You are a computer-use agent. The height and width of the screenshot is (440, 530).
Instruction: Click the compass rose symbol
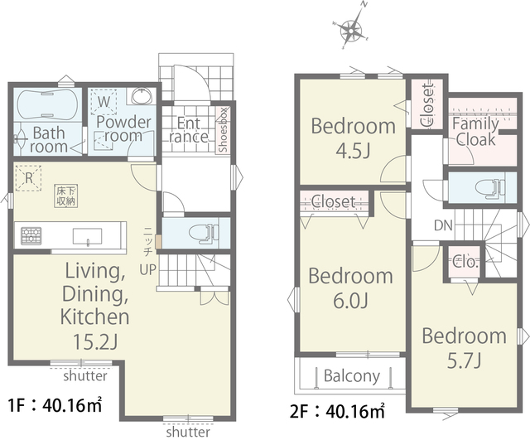pos(352,31)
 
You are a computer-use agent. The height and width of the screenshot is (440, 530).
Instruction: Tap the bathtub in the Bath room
pos(48,104)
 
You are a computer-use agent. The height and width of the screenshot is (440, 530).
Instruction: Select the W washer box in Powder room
pos(104,101)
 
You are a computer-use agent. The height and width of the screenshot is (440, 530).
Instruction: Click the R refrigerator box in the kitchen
pos(28,178)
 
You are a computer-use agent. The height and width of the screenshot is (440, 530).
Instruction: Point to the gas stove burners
pos(31,236)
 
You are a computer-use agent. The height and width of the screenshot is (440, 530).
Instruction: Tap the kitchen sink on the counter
pos(88,235)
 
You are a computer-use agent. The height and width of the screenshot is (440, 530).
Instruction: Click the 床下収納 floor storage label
pos(66,196)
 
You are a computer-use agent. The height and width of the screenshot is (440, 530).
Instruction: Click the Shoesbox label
pos(223,129)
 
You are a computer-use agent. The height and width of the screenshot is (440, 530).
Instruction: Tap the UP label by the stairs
pos(148,269)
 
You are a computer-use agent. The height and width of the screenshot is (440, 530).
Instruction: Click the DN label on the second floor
pos(443,225)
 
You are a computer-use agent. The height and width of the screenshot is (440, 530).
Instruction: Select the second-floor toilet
pos(490,188)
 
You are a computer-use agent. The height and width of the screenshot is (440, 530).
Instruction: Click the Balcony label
pos(352,375)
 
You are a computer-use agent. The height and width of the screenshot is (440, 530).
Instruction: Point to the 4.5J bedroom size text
pos(353,151)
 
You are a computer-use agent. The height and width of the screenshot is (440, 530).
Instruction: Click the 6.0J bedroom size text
pos(350,301)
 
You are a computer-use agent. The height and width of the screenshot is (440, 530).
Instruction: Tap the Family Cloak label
pos(475,132)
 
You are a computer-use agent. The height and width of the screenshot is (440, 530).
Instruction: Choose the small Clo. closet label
pos(465,263)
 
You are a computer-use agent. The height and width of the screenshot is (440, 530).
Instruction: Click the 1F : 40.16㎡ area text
pos(55,405)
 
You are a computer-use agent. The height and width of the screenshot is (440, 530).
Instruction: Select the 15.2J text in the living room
pos(95,342)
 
